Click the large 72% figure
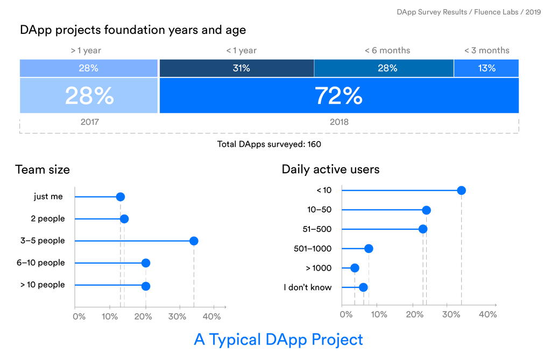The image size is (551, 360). pos(338,96)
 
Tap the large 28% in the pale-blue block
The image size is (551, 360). pos(89,96)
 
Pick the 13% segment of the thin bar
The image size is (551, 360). pos(486,68)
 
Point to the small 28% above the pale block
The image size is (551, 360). pos(89,68)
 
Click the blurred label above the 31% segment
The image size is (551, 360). pos(241,51)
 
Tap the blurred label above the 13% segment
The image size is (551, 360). pos(486,51)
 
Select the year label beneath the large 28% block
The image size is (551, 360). pos(89,123)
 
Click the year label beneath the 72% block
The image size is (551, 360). pos(339,123)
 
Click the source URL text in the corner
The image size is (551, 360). pos(469,11)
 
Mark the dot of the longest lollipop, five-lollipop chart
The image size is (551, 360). pos(194,241)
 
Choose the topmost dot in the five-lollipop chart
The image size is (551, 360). pos(121,196)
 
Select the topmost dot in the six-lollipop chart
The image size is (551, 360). pos(461,190)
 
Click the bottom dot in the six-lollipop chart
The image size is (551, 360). pos(363,287)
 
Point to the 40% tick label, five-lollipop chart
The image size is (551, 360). pos(211,316)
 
